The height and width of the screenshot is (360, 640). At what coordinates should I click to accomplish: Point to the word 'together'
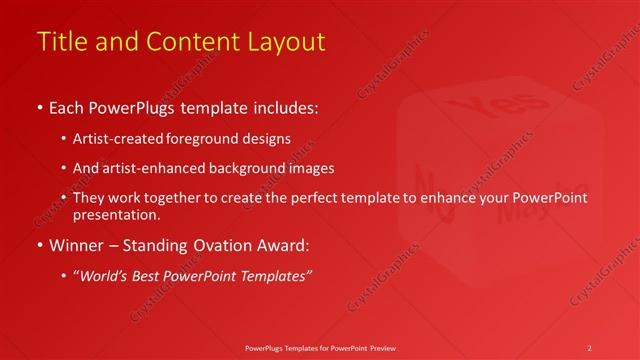(x=182, y=198)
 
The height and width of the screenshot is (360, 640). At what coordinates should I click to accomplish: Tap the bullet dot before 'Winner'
(x=39, y=245)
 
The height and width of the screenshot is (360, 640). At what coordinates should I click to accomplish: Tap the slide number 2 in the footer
(x=589, y=347)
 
